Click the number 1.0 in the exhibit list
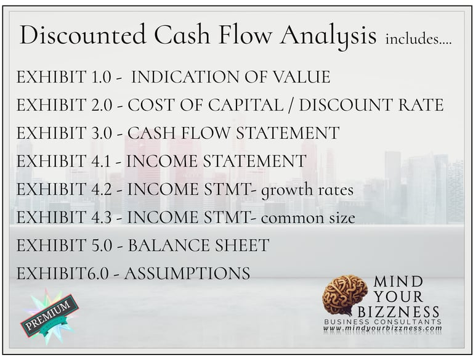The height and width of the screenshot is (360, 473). coord(105,78)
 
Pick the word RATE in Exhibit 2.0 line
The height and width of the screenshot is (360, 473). coord(421,105)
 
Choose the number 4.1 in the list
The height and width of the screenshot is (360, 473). coord(104,162)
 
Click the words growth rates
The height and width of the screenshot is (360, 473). coord(307,190)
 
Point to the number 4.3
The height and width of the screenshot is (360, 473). coord(105,218)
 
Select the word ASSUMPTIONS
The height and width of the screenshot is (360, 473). coord(187,274)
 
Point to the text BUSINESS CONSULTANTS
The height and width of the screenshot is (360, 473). coord(382,322)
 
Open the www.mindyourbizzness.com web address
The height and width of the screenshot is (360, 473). coord(382,329)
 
